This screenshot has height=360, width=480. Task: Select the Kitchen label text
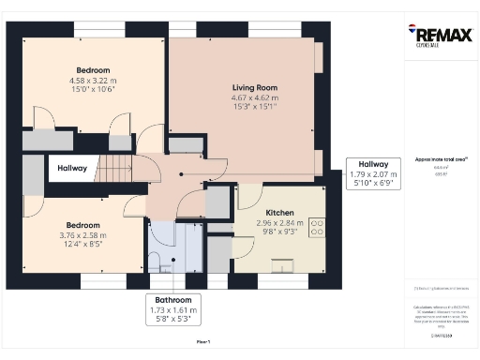[x=281, y=213]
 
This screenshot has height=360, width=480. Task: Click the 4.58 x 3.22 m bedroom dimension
[x=94, y=81]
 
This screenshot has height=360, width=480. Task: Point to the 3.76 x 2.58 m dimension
[x=82, y=235]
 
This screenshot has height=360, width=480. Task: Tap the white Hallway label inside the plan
[x=72, y=169]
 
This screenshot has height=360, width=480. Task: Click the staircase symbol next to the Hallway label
[x=115, y=170]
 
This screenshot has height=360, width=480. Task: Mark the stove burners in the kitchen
[x=316, y=229]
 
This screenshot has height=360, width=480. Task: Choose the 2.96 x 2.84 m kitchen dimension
[x=281, y=223]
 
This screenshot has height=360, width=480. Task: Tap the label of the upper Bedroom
[x=94, y=70]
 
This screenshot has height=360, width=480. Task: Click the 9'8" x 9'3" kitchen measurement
[x=281, y=232]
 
